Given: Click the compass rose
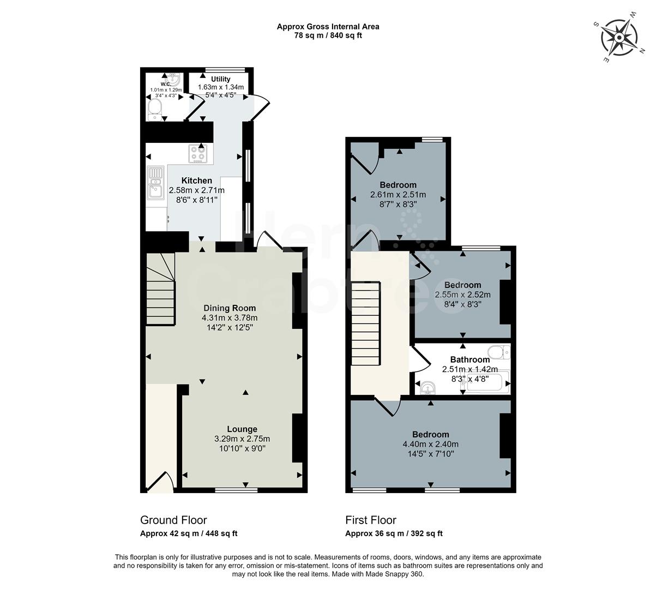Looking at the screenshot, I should click(619, 38).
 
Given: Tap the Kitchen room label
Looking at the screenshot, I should click(197, 181).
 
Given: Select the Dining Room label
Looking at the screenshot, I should click(230, 308).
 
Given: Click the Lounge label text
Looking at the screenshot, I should click(242, 429).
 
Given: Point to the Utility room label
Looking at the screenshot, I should click(221, 79).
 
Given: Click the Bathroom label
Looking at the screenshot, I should click(470, 359).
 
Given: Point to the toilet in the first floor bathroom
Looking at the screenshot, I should click(499, 352).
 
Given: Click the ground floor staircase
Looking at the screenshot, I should click(161, 289).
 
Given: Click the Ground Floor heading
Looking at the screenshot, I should click(173, 520).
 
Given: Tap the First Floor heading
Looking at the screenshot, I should click(371, 520).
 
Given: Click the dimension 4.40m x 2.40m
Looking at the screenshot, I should click(430, 444).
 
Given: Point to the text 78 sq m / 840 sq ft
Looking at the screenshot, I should click(328, 35).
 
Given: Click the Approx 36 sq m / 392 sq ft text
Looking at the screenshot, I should click(394, 534).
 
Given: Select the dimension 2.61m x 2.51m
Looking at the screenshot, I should click(398, 195).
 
